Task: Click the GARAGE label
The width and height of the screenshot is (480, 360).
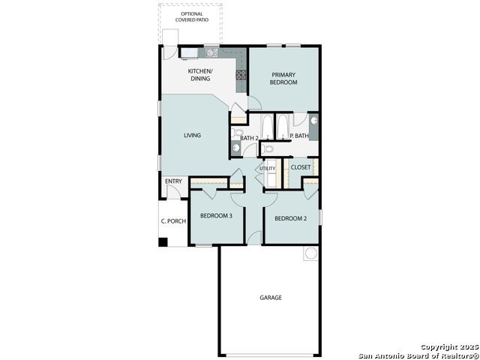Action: click(271, 298)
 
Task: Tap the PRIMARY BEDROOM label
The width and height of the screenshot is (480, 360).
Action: click(283, 78)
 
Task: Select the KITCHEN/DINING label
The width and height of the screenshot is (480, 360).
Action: click(200, 75)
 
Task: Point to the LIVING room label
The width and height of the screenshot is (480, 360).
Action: click(192, 135)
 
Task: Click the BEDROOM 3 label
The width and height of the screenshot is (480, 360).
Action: click(216, 216)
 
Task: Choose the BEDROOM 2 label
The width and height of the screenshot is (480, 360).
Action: click(290, 218)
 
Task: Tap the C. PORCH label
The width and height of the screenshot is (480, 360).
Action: click(173, 221)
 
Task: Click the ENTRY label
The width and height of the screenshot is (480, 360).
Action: click(173, 181)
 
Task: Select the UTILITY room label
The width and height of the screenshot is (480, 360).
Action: click(268, 168)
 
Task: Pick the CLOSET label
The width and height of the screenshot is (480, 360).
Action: click(301, 167)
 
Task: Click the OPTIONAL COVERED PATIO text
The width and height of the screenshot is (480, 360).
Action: click(192, 16)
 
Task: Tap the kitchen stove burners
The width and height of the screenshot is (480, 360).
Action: click(241, 75)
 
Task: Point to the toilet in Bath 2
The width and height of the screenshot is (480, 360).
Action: click(237, 133)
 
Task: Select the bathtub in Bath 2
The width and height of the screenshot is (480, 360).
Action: click(267, 127)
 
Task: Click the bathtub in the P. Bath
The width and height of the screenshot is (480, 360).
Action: click(283, 127)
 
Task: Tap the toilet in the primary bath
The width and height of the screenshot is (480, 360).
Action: click(268, 149)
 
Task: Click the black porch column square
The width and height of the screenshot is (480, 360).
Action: click(163, 242)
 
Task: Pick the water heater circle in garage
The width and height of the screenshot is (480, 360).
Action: click(310, 253)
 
